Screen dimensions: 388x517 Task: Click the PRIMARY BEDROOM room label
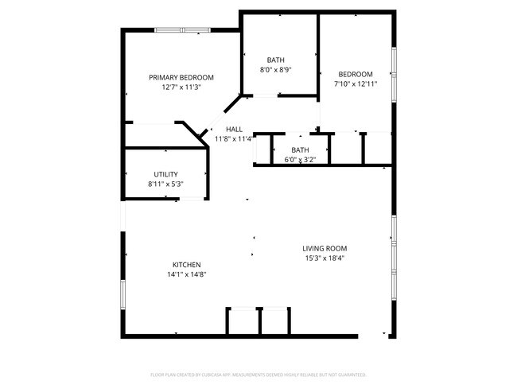[181, 77]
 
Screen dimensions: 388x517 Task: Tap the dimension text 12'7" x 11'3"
[181, 87]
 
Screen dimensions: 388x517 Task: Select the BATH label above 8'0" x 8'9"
[275, 60]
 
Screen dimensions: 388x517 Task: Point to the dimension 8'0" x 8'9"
[275, 70]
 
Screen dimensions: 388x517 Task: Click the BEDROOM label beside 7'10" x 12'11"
[356, 74]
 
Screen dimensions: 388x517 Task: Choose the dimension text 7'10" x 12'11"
[356, 83]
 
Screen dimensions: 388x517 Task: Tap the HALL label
[234, 129]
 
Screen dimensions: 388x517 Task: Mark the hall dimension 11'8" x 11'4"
[234, 139]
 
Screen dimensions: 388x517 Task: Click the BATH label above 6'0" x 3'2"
[300, 149]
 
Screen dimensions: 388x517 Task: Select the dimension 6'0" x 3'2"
[300, 159]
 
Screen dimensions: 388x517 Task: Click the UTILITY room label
[165, 174]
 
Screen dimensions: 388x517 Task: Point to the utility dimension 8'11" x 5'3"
[165, 184]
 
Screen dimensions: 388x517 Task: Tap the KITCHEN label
[187, 265]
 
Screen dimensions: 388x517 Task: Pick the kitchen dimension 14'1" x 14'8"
[187, 275]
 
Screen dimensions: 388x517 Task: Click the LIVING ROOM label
[325, 248]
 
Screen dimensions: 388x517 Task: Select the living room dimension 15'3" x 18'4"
[325, 258]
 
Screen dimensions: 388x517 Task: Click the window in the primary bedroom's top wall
[182, 30]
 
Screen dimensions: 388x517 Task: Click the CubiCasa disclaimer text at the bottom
[258, 374]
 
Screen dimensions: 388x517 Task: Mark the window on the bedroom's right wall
[393, 74]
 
